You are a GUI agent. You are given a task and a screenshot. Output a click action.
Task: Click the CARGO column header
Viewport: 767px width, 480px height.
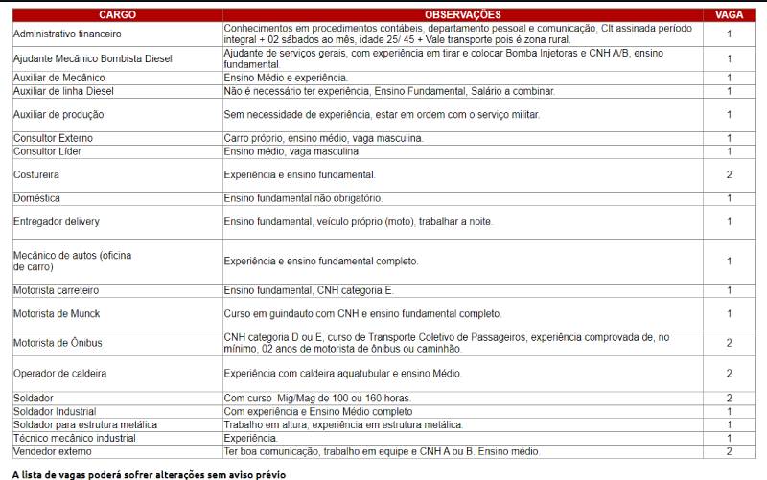tap(116, 15)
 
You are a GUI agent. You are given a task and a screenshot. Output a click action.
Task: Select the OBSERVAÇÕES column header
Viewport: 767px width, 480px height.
tap(462, 15)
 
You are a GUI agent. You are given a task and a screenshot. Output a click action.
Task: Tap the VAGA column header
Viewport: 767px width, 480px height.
tap(729, 15)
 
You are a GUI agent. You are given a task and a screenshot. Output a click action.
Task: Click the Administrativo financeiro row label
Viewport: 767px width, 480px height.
tap(67, 34)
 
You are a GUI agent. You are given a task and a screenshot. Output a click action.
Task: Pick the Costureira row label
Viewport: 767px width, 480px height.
tap(36, 175)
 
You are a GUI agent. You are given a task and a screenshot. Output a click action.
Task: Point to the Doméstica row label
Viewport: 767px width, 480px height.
tap(36, 198)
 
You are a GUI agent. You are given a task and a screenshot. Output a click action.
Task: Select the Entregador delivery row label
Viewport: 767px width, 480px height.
tap(57, 222)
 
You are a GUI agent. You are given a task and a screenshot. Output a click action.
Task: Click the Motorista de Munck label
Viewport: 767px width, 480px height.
tap(57, 314)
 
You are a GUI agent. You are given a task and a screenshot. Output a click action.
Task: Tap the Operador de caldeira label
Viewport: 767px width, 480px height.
tap(59, 373)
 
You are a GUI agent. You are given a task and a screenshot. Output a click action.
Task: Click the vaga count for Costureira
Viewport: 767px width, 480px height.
tap(729, 175)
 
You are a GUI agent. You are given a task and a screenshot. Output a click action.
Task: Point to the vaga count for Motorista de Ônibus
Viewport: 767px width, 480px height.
tap(729, 343)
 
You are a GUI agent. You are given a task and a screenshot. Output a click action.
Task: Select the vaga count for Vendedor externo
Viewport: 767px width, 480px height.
tap(729, 451)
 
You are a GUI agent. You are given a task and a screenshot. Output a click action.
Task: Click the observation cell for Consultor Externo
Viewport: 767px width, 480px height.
tap(323, 138)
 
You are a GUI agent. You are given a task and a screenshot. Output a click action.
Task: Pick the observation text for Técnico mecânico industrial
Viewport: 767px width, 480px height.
tap(250, 438)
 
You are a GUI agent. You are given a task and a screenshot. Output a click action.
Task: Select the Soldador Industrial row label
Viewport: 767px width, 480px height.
tap(55, 411)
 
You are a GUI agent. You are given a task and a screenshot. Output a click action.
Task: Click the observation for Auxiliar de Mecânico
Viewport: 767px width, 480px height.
tap(286, 77)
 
